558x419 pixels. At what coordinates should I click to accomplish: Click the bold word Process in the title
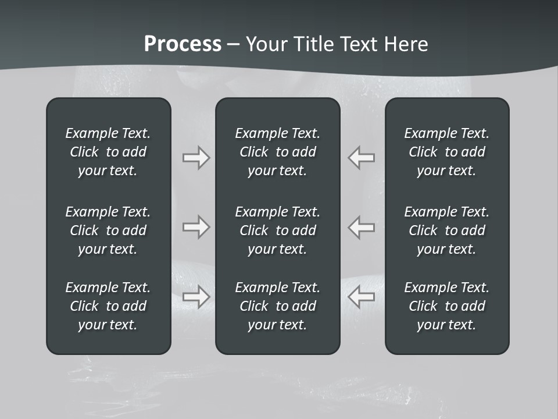[183, 44]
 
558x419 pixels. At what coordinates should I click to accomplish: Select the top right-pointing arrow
[196, 158]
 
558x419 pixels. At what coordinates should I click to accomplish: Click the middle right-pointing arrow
[196, 227]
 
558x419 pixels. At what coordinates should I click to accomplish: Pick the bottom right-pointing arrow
[196, 297]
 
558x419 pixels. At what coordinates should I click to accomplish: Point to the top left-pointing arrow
[362, 158]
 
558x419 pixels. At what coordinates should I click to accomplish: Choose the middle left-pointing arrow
[362, 227]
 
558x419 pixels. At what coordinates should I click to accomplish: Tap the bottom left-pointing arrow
[362, 297]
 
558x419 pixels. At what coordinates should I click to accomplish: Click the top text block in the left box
[108, 152]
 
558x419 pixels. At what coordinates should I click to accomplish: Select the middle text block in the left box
[108, 230]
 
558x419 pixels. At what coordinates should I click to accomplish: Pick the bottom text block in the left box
[108, 306]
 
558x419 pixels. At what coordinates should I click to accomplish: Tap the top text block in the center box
[277, 152]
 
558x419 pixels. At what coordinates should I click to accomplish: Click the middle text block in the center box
[277, 230]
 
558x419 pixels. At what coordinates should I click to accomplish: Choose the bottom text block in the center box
[277, 306]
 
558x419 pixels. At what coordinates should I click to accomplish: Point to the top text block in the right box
[446, 152]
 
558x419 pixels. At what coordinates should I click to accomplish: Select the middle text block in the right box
[446, 230]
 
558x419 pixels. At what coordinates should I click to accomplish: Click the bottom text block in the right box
[446, 306]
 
